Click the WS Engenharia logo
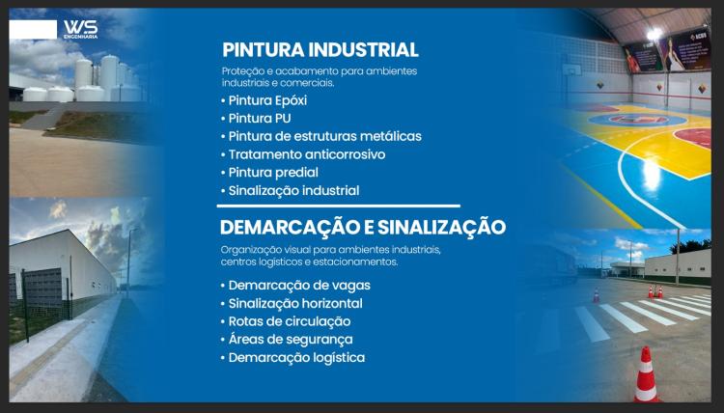pos(81,29)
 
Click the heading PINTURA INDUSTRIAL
pos(320,50)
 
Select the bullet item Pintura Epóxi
pos(265,100)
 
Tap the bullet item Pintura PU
pos(256,119)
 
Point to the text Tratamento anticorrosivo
pos(307,154)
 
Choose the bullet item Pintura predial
pos(269,173)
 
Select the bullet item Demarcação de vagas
pos(295,286)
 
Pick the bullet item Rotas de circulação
pos(286,321)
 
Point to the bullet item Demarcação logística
pos(293,358)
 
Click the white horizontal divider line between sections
pos(339,206)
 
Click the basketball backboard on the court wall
pos(571,70)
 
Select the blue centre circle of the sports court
pos(638,120)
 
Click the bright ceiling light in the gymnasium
pos(654,34)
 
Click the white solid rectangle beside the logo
pos(33,29)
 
